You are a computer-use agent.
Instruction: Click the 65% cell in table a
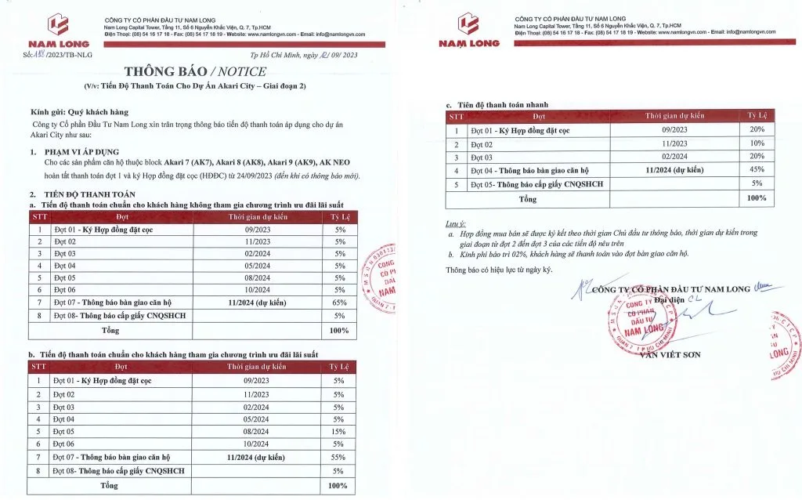pos(339,302)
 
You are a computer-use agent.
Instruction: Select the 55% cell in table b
pos(338,456)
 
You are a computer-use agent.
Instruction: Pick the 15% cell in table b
pos(338,431)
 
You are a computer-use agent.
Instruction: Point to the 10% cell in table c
pos(757,143)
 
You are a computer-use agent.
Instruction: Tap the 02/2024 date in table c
pos(674,157)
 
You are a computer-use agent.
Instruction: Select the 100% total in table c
pos(757,199)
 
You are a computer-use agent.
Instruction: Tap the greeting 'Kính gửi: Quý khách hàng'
pos(79,112)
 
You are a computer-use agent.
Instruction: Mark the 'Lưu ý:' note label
pos(455,224)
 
